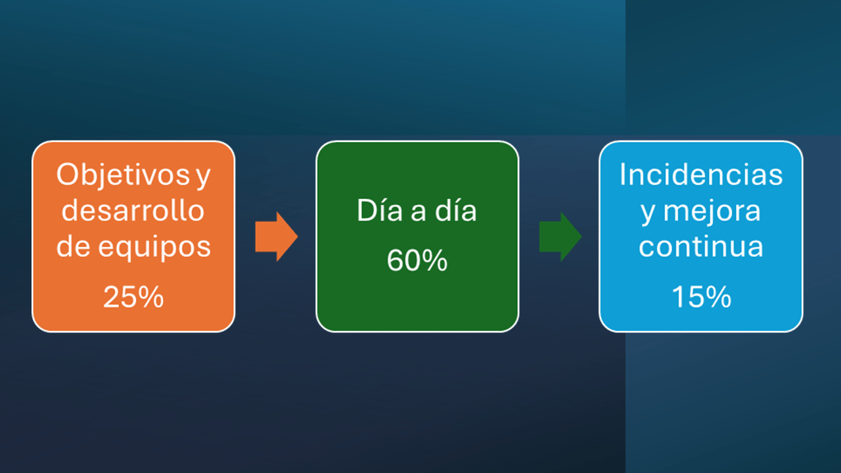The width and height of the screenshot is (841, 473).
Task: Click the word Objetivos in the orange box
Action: pyautogui.click(x=123, y=175)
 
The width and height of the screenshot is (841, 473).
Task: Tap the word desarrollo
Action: pyautogui.click(x=133, y=210)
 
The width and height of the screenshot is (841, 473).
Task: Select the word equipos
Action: pyautogui.click(x=154, y=248)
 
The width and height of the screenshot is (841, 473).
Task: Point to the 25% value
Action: pyautogui.click(x=133, y=297)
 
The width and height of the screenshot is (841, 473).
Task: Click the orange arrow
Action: pyautogui.click(x=277, y=236)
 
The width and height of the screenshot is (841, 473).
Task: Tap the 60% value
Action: pyautogui.click(x=417, y=260)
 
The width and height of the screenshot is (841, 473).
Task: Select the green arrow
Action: pyautogui.click(x=560, y=236)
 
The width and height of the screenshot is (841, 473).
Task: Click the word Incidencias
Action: pyautogui.click(x=701, y=175)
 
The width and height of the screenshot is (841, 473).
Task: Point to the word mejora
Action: pyautogui.click(x=712, y=212)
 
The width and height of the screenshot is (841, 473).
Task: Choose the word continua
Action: pyautogui.click(x=701, y=246)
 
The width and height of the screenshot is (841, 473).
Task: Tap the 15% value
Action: pyautogui.click(x=701, y=297)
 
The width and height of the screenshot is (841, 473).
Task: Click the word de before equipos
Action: pyautogui.click(x=73, y=246)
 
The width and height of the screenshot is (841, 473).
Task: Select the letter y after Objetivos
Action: pyautogui.click(x=203, y=177)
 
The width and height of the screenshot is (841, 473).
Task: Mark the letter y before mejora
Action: pyautogui.click(x=648, y=215)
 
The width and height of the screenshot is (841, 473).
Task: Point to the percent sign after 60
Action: pyautogui.click(x=433, y=260)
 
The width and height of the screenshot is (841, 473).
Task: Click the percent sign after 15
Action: pyautogui.click(x=717, y=297)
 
